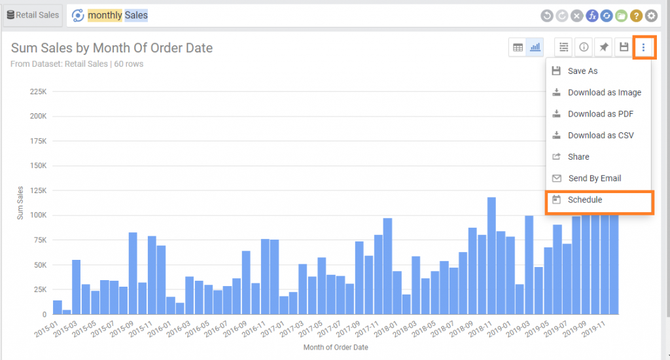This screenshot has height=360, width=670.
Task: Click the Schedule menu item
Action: coord(585,200)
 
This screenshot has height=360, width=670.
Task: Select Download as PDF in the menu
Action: coord(600,114)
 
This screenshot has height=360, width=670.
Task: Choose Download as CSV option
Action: coord(600,135)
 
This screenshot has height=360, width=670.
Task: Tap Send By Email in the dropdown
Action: coord(594,178)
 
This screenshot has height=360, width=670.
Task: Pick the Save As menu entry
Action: coord(582,71)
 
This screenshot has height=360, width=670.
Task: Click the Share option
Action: coord(578,157)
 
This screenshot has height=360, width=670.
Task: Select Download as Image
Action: coord(604,92)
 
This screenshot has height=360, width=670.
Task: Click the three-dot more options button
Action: coord(644,47)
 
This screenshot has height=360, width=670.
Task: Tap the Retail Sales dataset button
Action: coord(33,15)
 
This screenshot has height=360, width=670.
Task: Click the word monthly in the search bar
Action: coord(105,15)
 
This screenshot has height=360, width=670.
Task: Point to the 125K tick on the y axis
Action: coord(37,190)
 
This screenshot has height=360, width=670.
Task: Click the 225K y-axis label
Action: coord(37,92)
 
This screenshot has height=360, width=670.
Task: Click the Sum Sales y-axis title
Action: coord(20,203)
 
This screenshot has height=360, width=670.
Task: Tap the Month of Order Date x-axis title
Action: coord(336,348)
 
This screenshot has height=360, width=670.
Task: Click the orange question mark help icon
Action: coord(636,16)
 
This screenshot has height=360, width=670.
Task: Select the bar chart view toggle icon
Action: coord(535,47)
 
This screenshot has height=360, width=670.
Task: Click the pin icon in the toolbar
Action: coord(604,47)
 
